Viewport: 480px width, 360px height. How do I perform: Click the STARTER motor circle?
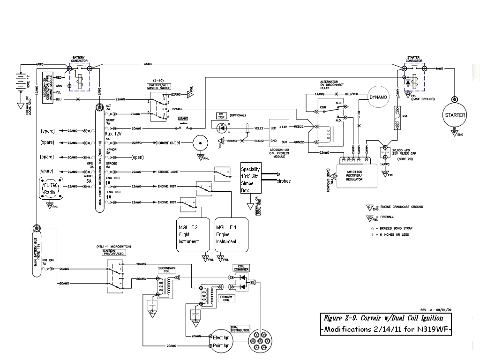[454, 115]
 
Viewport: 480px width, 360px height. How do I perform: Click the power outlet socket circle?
[201, 142]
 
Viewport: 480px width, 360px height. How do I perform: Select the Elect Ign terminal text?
[221, 337]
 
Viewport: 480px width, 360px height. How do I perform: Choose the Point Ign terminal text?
[221, 345]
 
